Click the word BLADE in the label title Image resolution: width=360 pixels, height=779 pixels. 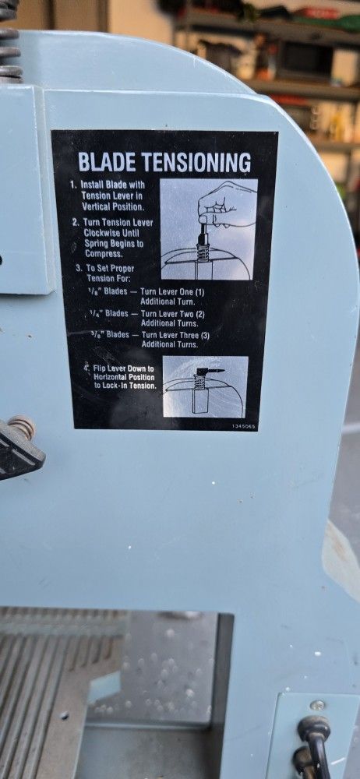click(x=107, y=162)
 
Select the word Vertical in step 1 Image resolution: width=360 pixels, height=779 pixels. click(x=97, y=206)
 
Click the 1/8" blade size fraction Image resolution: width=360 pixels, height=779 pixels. click(x=93, y=291)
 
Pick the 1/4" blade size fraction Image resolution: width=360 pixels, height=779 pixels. click(x=96, y=313)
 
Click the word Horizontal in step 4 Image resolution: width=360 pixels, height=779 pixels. click(x=111, y=377)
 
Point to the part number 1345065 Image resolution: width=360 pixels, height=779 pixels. click(x=244, y=426)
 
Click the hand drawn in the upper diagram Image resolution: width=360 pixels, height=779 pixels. click(x=224, y=206)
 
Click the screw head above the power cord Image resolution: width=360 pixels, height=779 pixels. click(x=314, y=705)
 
